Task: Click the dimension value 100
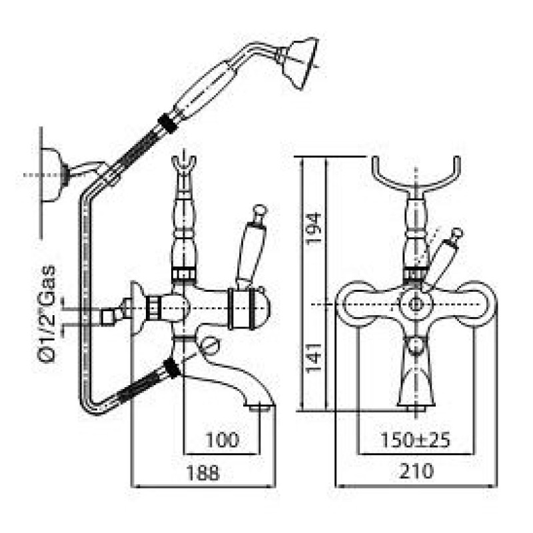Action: click(223, 440)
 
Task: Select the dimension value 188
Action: click(203, 472)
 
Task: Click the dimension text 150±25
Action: click(415, 440)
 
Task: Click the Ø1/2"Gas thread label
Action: click(46, 314)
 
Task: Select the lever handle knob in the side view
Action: click(259, 211)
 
